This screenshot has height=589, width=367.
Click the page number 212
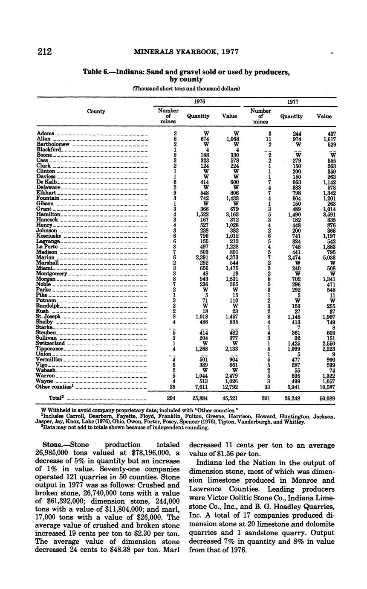44,52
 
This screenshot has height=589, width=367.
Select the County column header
96,111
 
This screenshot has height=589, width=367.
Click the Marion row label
46,257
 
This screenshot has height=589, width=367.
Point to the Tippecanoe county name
49,349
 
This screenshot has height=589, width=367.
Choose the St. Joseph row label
48,317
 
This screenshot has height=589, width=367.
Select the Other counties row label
54,387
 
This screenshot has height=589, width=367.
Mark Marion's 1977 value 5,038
329,257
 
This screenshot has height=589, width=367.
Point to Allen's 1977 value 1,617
329,139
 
